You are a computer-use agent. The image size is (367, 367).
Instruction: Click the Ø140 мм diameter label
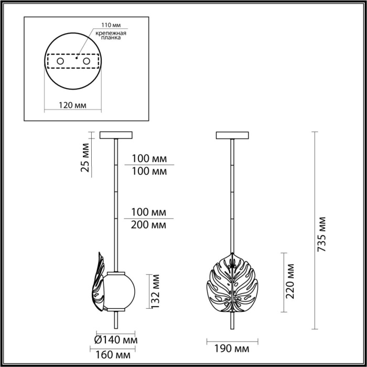pyautogui.click(x=116, y=339)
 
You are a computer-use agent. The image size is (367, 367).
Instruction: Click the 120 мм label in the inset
pyautogui.click(x=72, y=105)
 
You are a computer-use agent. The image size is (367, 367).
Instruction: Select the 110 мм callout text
pyautogui.click(x=104, y=25)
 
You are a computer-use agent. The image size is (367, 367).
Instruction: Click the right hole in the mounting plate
pyautogui.click(x=86, y=62)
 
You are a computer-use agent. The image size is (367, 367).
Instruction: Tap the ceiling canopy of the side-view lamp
pyautogui.click(x=115, y=135)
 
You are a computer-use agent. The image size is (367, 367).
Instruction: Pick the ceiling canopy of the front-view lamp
pyautogui.click(x=230, y=135)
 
